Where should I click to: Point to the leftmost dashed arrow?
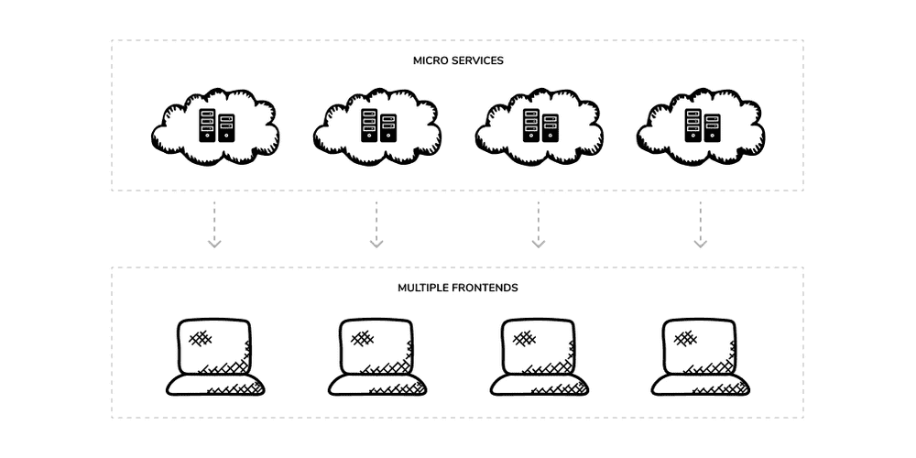214,225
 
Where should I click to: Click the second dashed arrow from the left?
376,225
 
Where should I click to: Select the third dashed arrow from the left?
538,225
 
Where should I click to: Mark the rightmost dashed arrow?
700,225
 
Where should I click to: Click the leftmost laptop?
215,357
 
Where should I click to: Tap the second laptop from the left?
376,357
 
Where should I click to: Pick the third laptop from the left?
539,357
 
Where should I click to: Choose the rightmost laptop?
701,357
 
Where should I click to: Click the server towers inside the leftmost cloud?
216,125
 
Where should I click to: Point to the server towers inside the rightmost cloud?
703,125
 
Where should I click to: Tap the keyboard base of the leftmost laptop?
215,386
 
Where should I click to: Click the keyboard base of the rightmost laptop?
701,386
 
